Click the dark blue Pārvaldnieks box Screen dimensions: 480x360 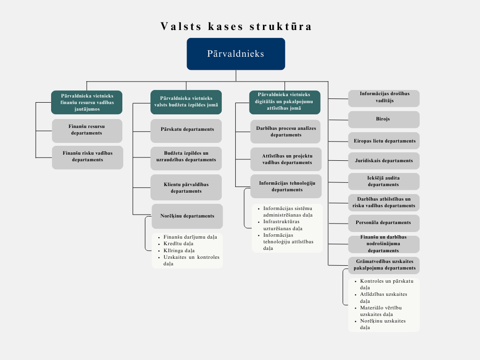[x=236, y=54]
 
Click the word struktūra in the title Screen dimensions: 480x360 [x=281, y=26]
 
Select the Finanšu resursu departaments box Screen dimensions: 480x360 [x=87, y=131]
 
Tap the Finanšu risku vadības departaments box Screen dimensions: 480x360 [x=88, y=157]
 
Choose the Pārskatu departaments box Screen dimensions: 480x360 [x=186, y=131]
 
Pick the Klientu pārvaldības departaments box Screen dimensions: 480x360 [x=186, y=187]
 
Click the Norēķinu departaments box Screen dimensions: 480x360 [x=187, y=216]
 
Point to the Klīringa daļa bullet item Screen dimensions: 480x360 [x=179, y=250]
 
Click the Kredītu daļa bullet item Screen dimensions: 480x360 [x=179, y=244]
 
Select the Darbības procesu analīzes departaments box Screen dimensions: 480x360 [x=285, y=132]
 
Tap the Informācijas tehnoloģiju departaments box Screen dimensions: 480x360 [x=286, y=186]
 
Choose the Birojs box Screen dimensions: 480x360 [x=384, y=120]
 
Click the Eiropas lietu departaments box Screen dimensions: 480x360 [x=384, y=141]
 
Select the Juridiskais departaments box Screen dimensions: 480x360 [x=384, y=161]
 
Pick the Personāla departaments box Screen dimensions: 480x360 [x=384, y=223]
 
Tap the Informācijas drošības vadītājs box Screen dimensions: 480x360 [x=384, y=98]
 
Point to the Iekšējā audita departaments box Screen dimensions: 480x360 [x=384, y=181]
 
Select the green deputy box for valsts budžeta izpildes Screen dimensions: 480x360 [x=186, y=102]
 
